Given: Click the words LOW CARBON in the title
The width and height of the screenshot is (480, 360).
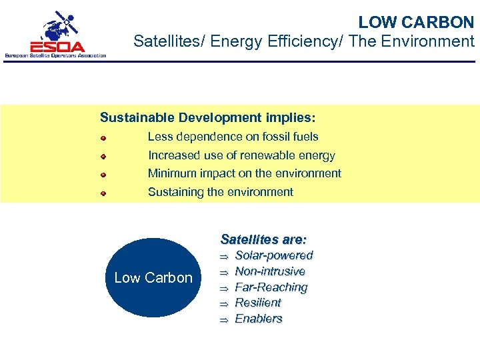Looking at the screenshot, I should pyautogui.click(x=416, y=22).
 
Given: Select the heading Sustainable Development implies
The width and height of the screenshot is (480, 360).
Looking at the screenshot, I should pyautogui.click(x=207, y=117).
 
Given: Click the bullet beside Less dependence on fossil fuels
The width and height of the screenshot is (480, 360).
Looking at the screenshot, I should pyautogui.click(x=103, y=137).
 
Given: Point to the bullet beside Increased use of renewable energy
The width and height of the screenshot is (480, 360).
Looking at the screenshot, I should pyautogui.click(x=103, y=156).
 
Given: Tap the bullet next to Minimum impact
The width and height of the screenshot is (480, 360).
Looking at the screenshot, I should pyautogui.click(x=103, y=174).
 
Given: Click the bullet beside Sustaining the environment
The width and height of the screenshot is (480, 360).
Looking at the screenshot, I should pyautogui.click(x=103, y=193).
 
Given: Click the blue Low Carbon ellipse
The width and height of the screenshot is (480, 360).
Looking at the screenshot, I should pyautogui.click(x=153, y=277).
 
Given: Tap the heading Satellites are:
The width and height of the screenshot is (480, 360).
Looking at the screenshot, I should pyautogui.click(x=263, y=239).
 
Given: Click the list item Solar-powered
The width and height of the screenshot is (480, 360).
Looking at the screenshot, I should pyautogui.click(x=274, y=255).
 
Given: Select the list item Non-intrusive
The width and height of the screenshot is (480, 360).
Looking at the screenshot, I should pyautogui.click(x=270, y=271).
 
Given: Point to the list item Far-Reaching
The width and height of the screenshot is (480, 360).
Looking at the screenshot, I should pyautogui.click(x=271, y=287).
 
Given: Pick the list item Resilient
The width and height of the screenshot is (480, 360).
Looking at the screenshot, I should pyautogui.click(x=258, y=303).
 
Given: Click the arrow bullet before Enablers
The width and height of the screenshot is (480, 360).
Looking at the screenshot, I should pyautogui.click(x=225, y=320).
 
